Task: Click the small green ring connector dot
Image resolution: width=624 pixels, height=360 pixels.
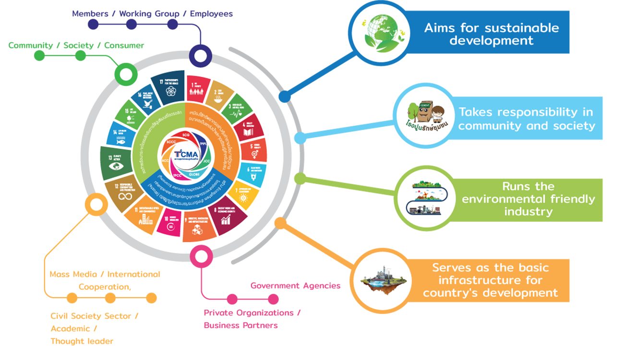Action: click(126, 75)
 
